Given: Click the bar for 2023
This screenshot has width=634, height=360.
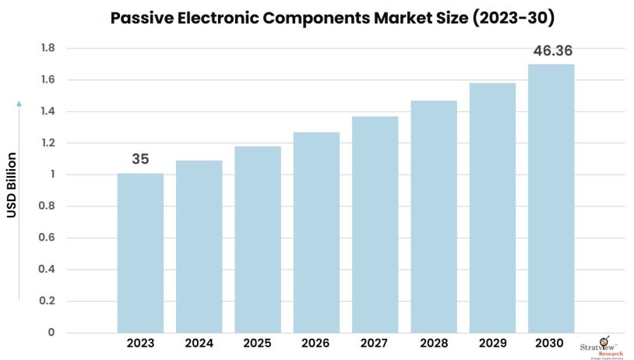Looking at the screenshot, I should point(140,253).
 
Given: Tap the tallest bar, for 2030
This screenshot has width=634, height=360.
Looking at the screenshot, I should point(551,199).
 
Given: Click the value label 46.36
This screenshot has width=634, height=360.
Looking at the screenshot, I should point(552,51).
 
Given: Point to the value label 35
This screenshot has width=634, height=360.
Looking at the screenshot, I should point(140,159).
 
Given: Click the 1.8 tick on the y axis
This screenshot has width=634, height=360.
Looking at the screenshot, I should point(48,48).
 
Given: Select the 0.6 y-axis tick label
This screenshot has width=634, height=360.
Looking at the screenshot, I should point(48,238).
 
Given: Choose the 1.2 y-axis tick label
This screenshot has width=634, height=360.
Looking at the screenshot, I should point(48,143).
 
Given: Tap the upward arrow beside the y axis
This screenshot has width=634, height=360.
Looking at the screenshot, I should point(19,199).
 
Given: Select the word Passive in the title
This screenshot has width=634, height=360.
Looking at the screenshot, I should point(140,16).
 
